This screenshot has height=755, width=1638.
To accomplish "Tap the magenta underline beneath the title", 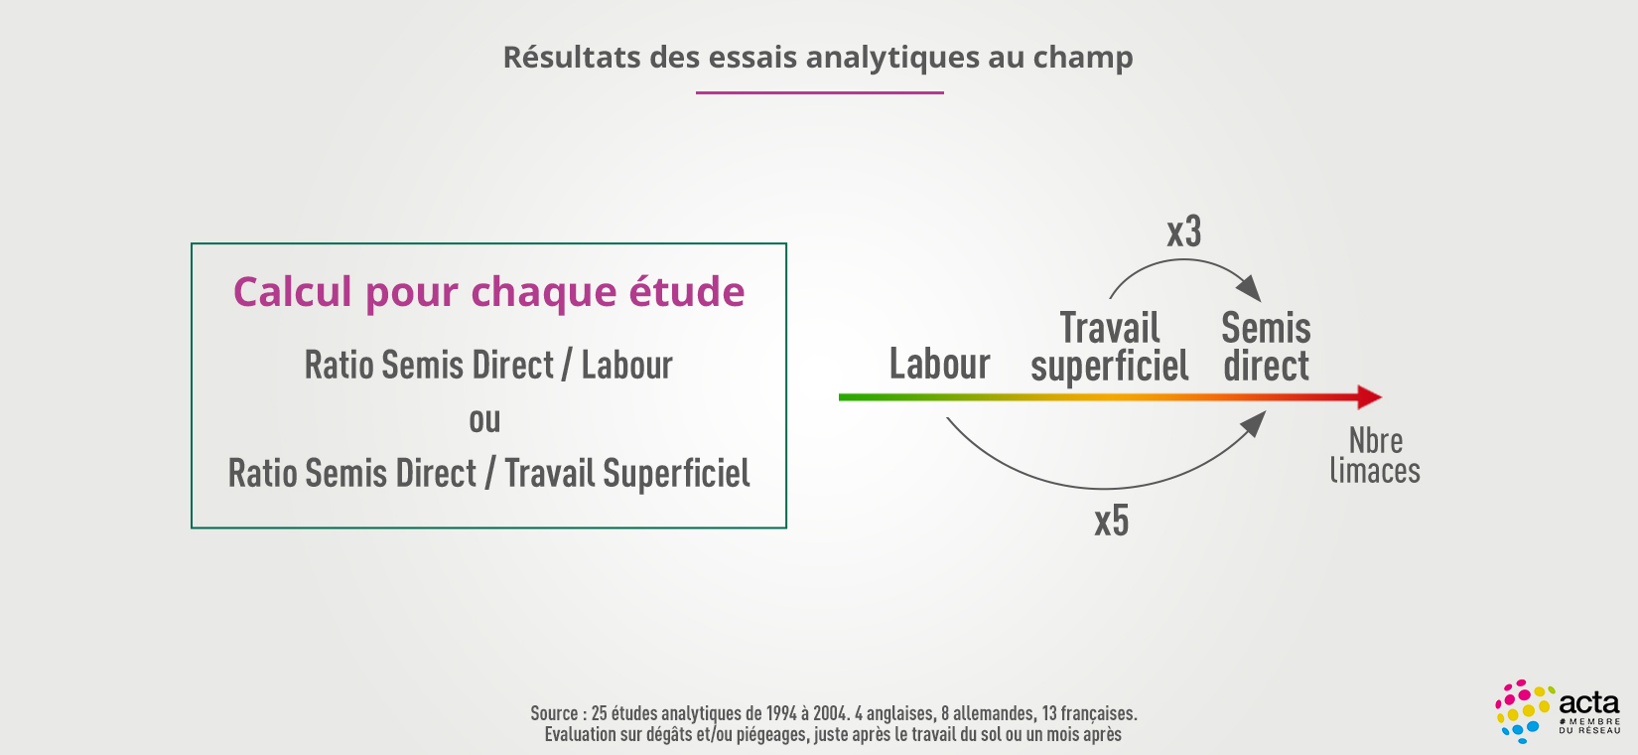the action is [820, 93].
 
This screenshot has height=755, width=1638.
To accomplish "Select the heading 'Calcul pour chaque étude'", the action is [488, 293].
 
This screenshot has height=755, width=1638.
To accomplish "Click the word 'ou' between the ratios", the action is [484, 420].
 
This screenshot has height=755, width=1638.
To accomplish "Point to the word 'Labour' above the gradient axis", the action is [940, 364].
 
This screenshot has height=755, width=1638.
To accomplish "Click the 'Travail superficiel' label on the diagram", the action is [1109, 347].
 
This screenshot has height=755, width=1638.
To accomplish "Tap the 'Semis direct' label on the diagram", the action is [1266, 347].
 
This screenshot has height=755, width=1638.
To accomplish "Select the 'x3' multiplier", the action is [1184, 231].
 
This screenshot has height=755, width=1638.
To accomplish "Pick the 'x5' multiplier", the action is [1112, 522].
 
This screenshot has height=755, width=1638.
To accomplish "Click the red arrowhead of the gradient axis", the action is [1370, 397].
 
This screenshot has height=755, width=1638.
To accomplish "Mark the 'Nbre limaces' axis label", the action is [1375, 456].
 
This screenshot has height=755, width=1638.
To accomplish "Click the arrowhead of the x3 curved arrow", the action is [1250, 287].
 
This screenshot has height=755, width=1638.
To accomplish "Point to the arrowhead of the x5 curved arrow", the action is [1254, 423].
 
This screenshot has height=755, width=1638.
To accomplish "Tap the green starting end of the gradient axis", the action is [843, 397].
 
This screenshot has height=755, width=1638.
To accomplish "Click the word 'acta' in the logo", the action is [1589, 703].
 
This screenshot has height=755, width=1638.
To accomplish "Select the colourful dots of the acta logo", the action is [1523, 711].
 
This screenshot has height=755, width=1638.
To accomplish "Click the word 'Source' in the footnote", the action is [554, 713].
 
